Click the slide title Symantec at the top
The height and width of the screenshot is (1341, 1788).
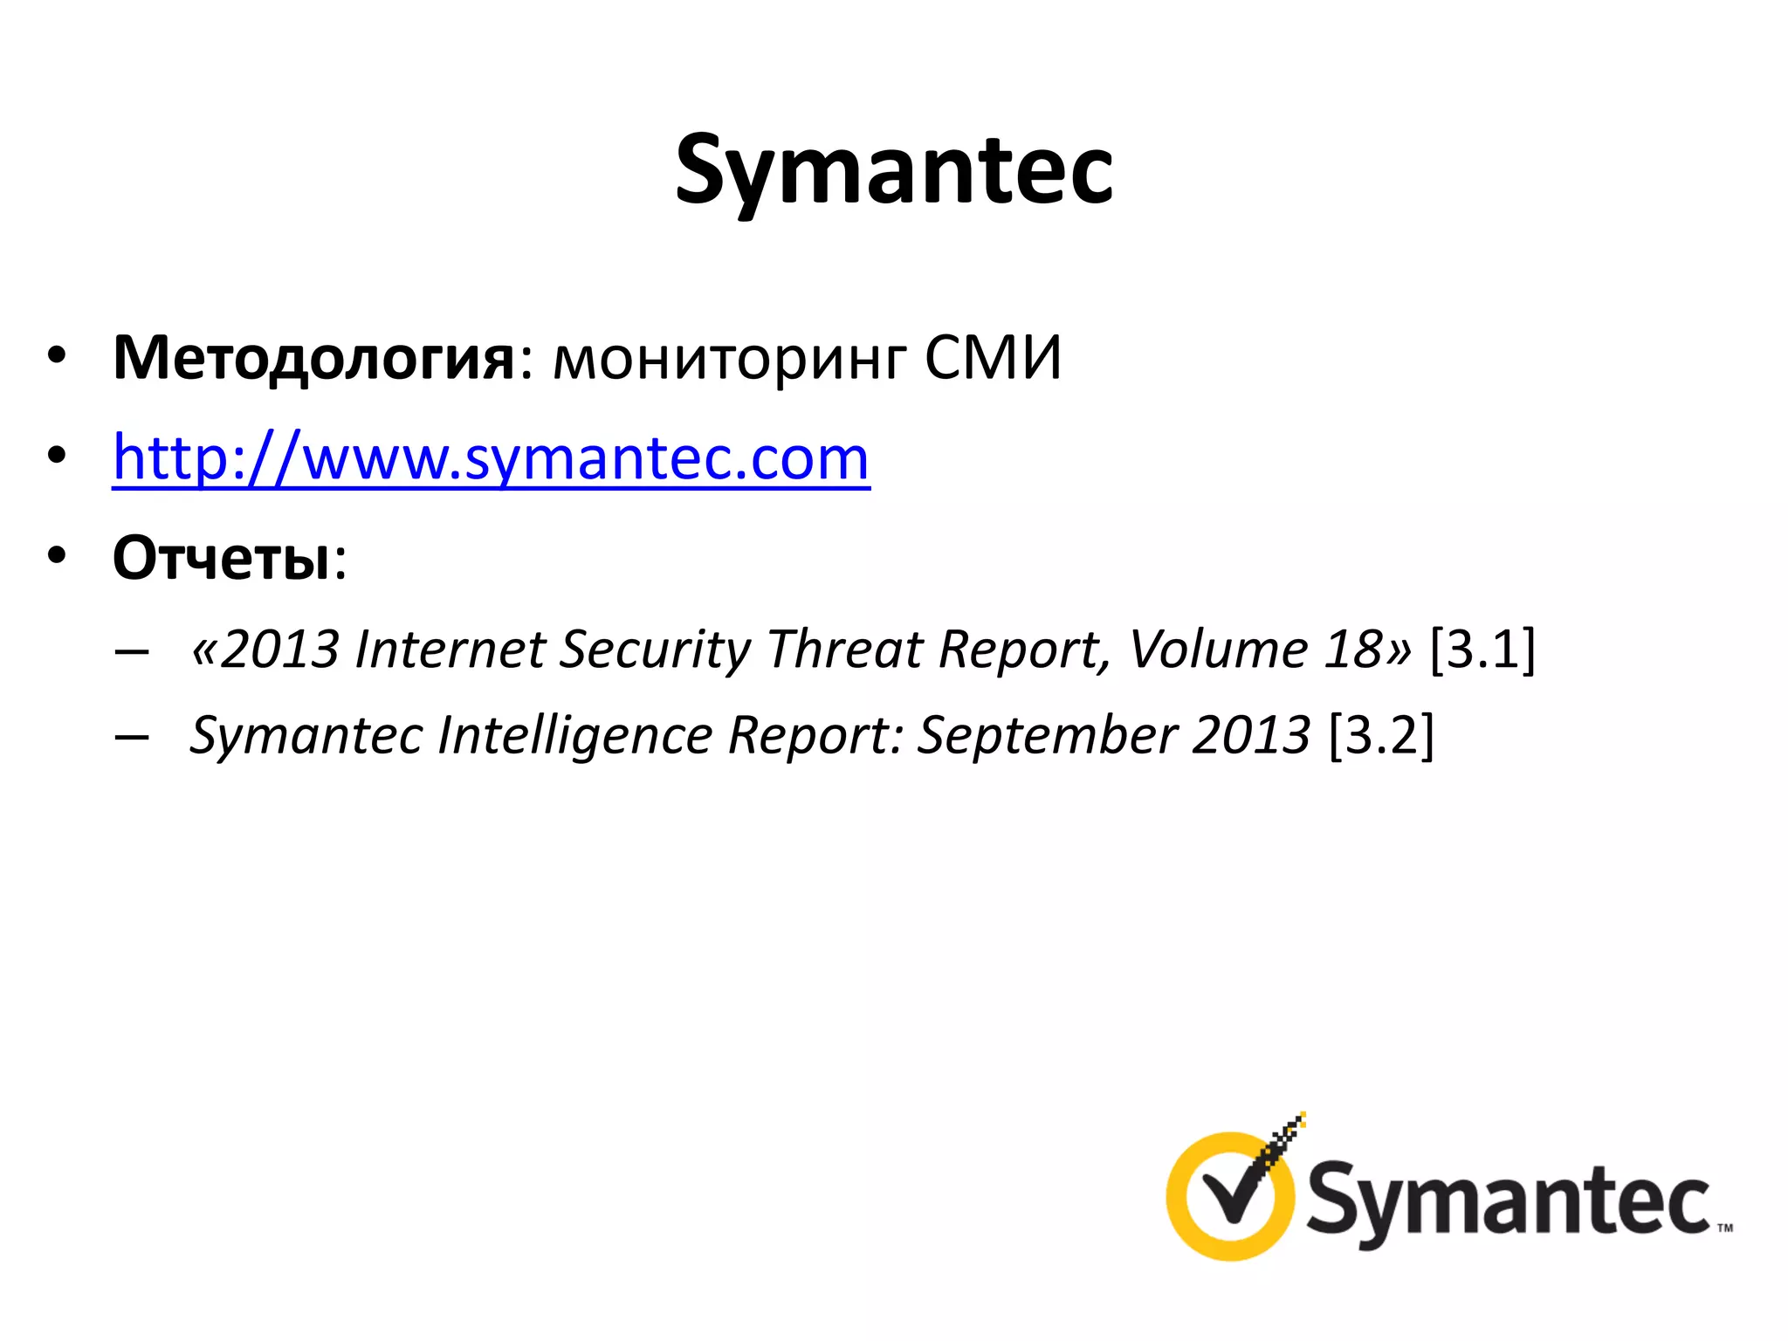(x=893, y=170)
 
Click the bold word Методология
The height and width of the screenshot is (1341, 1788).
(x=314, y=359)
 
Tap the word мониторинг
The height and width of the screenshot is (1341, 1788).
(x=730, y=361)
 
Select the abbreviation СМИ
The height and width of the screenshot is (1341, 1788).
(x=993, y=358)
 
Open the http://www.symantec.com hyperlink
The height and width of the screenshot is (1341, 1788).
(x=492, y=458)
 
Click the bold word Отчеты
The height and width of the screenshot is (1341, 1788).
(x=222, y=558)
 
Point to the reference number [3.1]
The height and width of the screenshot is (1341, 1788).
(x=1482, y=650)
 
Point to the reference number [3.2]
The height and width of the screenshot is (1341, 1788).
(x=1381, y=735)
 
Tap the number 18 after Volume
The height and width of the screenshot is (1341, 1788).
(x=1351, y=650)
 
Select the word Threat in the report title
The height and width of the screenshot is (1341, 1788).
(x=845, y=650)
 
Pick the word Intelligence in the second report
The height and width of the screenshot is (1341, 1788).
(x=575, y=737)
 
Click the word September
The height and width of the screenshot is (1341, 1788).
(x=1047, y=737)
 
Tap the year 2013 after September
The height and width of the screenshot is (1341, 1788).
(x=1251, y=735)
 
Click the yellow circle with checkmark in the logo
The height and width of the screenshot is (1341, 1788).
(x=1231, y=1196)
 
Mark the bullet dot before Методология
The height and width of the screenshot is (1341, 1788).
(x=57, y=357)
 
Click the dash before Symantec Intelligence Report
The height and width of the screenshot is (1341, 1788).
(x=131, y=738)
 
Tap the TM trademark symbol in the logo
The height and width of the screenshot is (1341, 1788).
(x=1725, y=1227)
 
